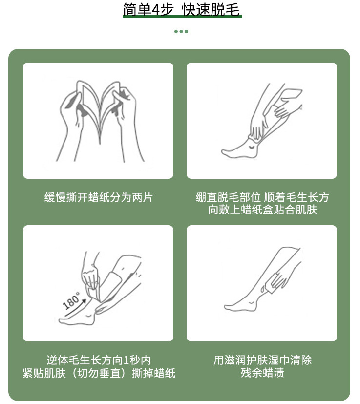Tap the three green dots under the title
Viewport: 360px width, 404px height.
tap(181, 31)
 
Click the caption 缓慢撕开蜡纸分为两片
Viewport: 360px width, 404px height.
tap(99, 197)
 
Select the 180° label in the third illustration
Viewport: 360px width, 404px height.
tap(71, 300)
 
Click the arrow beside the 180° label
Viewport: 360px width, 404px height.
tap(75, 308)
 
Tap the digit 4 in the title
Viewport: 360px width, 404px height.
tap(156, 10)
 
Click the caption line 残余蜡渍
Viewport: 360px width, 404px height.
tap(262, 373)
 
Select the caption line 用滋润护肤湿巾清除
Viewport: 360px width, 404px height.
tap(262, 360)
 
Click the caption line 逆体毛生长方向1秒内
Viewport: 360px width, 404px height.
tap(99, 360)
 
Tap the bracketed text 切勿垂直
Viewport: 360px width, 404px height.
tap(99, 373)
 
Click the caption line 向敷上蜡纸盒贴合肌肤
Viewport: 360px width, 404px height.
tap(262, 210)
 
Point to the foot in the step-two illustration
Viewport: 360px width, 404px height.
tap(240, 149)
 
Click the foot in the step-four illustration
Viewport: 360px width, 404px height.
tap(241, 305)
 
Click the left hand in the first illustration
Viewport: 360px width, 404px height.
tap(71, 121)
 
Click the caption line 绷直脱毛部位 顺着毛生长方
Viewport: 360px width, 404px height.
tap(262, 197)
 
